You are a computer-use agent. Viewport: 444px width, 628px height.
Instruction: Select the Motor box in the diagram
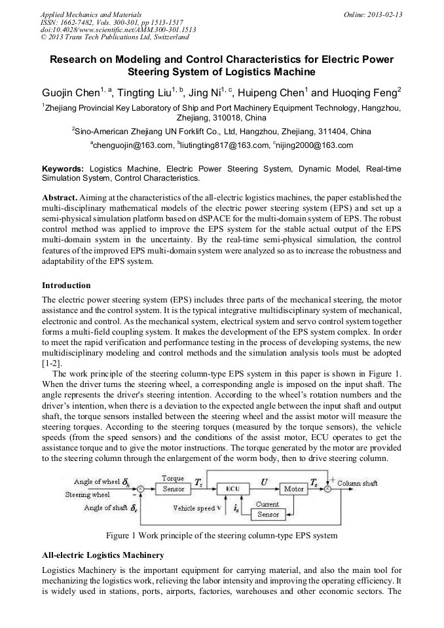pos(294,489)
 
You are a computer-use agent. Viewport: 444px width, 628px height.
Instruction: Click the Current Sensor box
pos(268,509)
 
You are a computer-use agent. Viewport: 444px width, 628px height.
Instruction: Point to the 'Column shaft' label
pos(358,483)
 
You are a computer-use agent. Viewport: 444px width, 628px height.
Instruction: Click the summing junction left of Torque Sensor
pos(139,489)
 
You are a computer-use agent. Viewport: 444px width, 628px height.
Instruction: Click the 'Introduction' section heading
pos(66,286)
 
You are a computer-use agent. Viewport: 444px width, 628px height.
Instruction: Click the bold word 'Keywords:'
pos(63,168)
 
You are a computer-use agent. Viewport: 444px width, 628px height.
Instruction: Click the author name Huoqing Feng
pos(366,93)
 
